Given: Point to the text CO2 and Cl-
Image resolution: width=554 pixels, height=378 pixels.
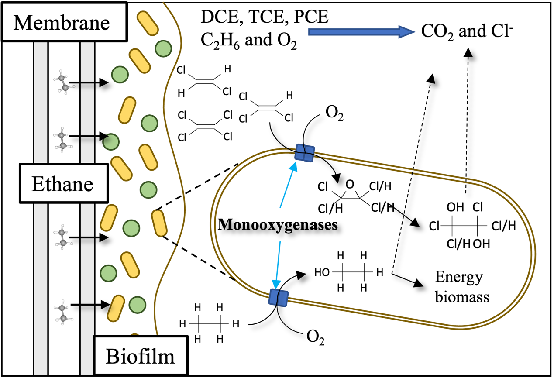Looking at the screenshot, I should click(467, 31).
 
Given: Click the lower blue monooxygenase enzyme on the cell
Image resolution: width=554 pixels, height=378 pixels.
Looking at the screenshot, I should click(279, 297).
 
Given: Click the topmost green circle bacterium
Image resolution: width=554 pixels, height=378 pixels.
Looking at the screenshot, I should click(163, 47).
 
